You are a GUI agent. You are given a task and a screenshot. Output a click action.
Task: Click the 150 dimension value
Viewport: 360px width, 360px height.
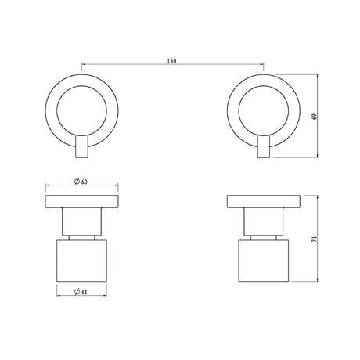[x=171, y=61]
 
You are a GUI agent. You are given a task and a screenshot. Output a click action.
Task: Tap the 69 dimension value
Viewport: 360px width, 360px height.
[x=315, y=117]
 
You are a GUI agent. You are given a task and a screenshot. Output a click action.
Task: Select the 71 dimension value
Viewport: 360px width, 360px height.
[x=315, y=239]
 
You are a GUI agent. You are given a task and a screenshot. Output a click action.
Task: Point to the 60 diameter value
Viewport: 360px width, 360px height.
[x=84, y=182]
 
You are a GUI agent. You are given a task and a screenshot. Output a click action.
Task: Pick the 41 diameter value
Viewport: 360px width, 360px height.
[x=84, y=292]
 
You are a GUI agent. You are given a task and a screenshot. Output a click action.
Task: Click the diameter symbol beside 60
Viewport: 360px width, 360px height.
[x=77, y=182]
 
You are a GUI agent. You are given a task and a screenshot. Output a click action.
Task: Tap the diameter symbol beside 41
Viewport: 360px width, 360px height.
[x=77, y=292]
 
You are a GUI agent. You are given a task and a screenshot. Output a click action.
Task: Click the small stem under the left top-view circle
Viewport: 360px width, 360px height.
[x=81, y=146]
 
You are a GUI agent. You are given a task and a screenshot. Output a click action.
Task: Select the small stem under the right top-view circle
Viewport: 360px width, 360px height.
[x=264, y=146]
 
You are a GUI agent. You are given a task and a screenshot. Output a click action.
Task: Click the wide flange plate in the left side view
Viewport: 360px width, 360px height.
[x=81, y=201]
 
